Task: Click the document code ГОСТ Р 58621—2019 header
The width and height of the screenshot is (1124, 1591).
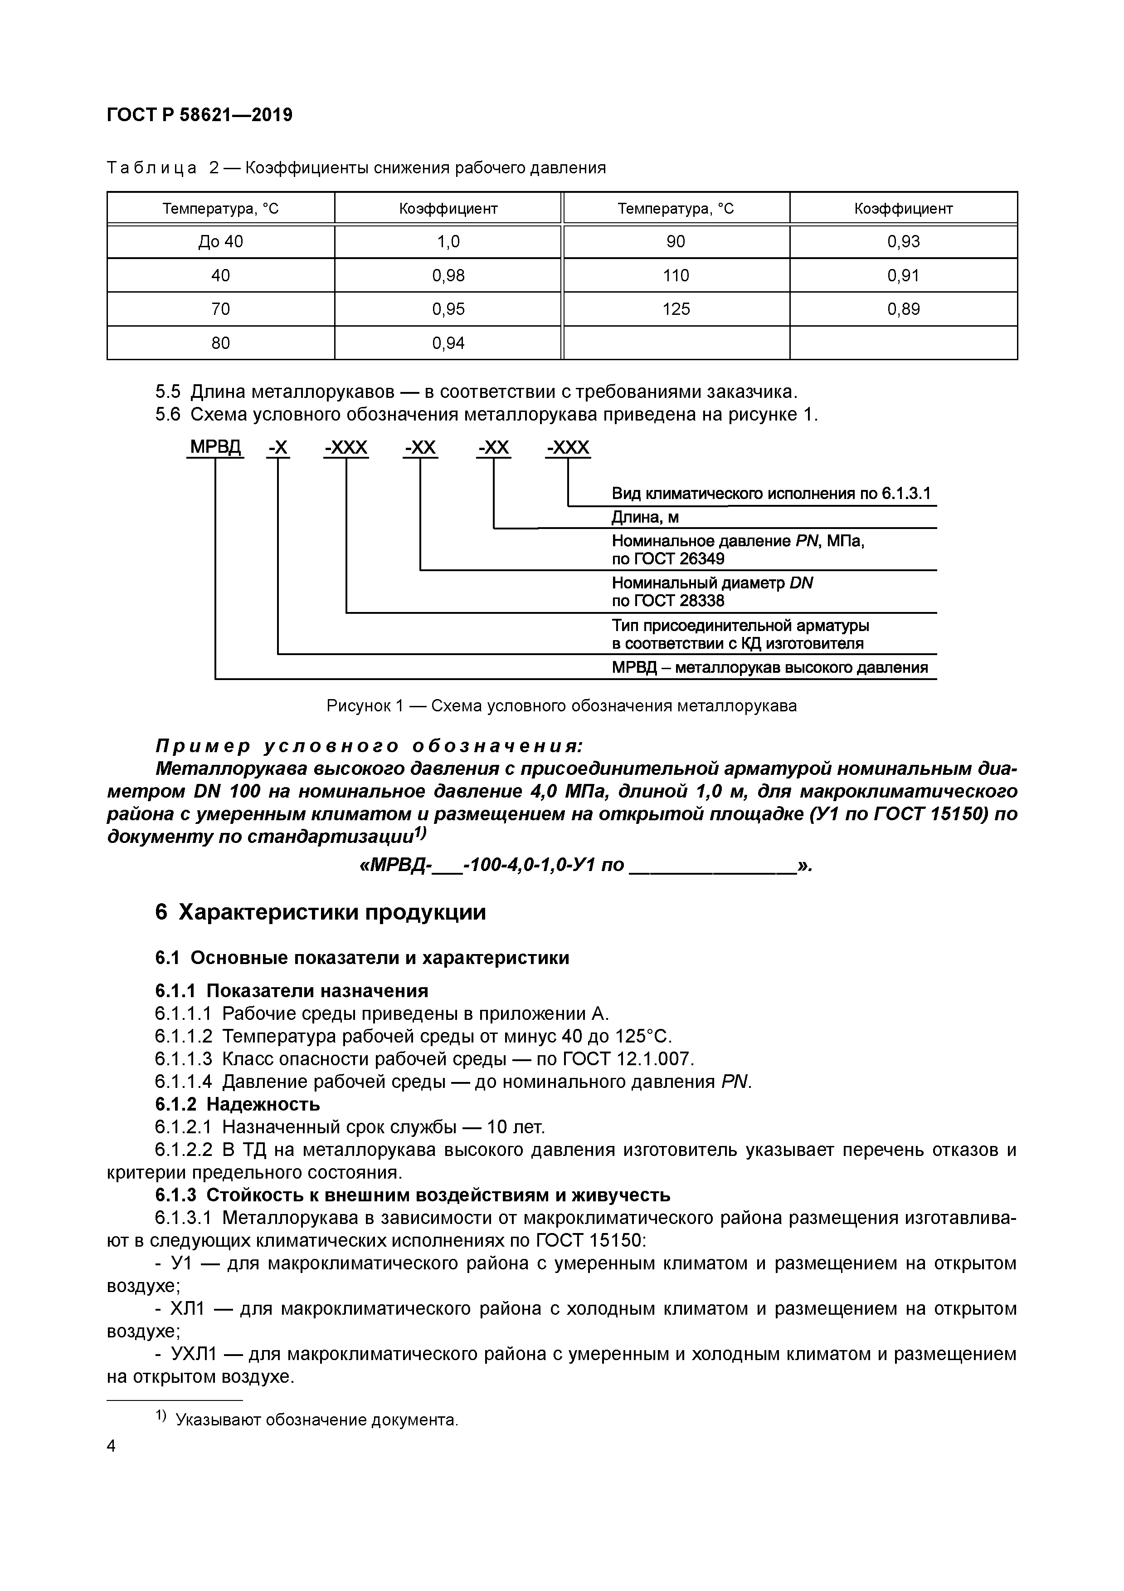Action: [199, 115]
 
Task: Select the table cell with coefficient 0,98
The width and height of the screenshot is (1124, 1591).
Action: [448, 276]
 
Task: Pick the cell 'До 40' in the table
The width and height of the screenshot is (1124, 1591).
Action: [220, 242]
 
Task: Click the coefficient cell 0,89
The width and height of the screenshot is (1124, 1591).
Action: [903, 309]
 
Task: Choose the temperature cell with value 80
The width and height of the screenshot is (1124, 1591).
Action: [220, 343]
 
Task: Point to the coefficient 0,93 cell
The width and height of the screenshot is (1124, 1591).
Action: [903, 242]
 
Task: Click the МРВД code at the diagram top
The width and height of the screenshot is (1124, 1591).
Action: [215, 448]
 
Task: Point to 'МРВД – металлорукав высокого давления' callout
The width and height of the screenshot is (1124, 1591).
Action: [769, 668]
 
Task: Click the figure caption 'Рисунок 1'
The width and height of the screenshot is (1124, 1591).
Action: [364, 706]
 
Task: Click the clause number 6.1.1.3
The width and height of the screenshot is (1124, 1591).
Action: [183, 1058]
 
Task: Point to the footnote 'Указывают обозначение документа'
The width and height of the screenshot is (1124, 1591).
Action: [316, 1420]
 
